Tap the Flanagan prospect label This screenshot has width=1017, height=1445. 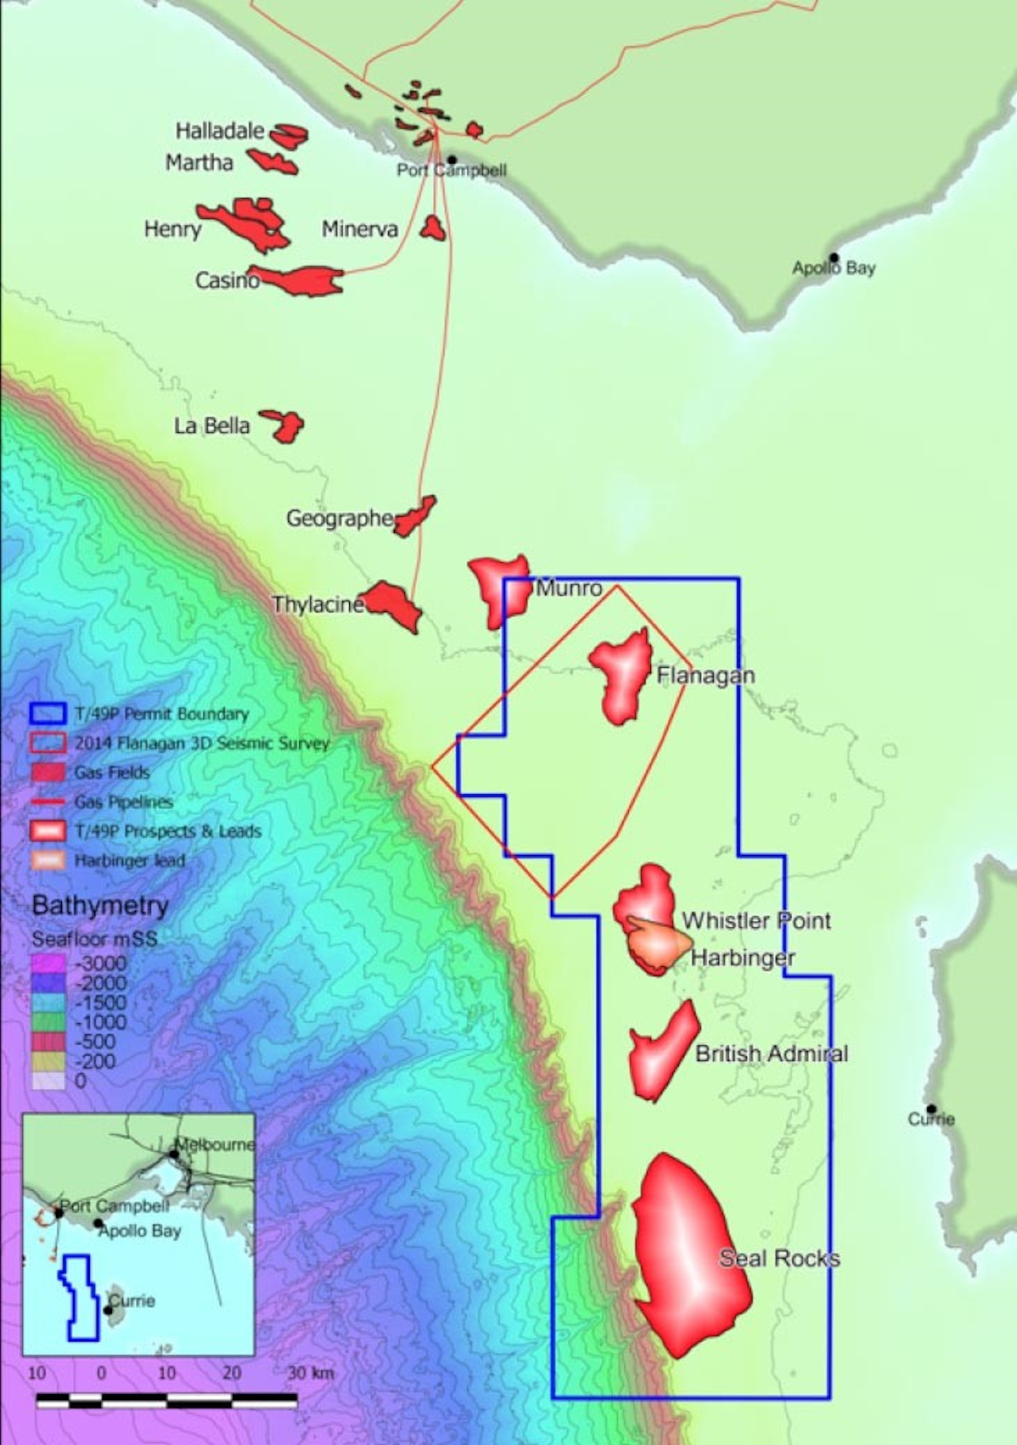tap(705, 675)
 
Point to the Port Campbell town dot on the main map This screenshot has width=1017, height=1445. tap(453, 159)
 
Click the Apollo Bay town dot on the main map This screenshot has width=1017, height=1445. tap(834, 258)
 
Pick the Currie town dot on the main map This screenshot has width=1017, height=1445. tap(931, 1109)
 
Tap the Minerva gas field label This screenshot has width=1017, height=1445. tap(359, 229)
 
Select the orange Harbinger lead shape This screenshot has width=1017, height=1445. tap(661, 944)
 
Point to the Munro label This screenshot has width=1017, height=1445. tap(569, 588)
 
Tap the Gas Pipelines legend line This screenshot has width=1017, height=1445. tap(47, 802)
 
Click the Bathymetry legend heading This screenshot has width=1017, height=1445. tap(100, 906)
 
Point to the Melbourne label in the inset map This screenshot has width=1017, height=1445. tap(216, 1145)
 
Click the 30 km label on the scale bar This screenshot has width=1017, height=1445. tap(309, 1373)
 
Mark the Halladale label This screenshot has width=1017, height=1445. tap(220, 131)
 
